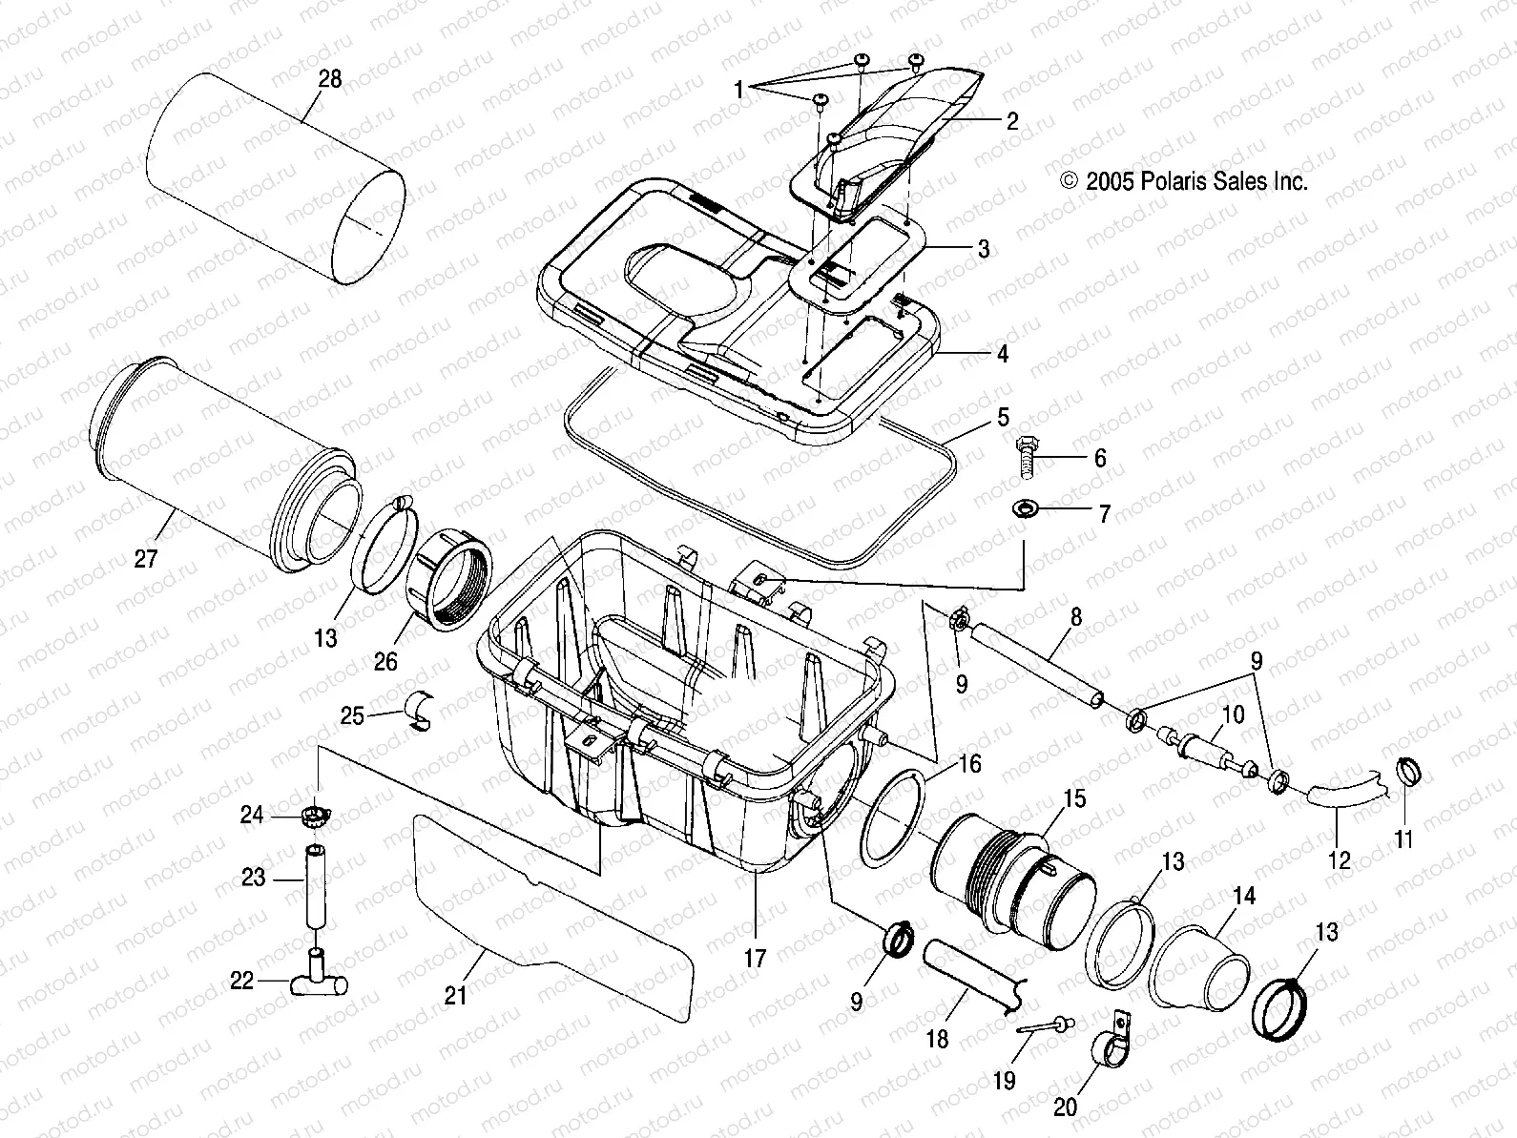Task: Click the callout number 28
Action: pyautogui.click(x=329, y=79)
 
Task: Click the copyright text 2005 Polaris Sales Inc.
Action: pyautogui.click(x=1183, y=181)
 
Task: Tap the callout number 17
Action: pyautogui.click(x=755, y=957)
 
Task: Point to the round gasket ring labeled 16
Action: pyautogui.click(x=894, y=817)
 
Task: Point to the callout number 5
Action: pyautogui.click(x=1003, y=418)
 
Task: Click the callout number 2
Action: pyautogui.click(x=1011, y=121)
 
